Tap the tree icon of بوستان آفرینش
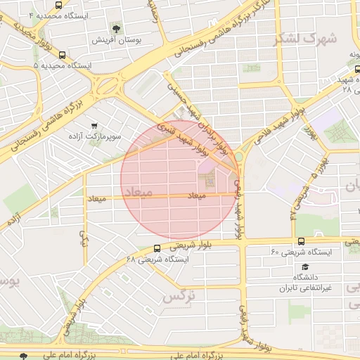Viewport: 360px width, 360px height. [116, 29]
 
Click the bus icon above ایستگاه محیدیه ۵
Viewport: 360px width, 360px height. [63, 54]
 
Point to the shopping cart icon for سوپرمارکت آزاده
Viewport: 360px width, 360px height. [94, 124]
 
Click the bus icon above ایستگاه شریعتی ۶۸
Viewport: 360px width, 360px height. [156, 248]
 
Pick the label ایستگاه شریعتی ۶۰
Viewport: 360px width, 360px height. [304, 252]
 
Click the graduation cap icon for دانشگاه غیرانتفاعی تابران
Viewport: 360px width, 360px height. [305, 267]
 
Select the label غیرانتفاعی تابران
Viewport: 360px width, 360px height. [305, 288]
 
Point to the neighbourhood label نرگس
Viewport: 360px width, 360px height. [179, 297]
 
